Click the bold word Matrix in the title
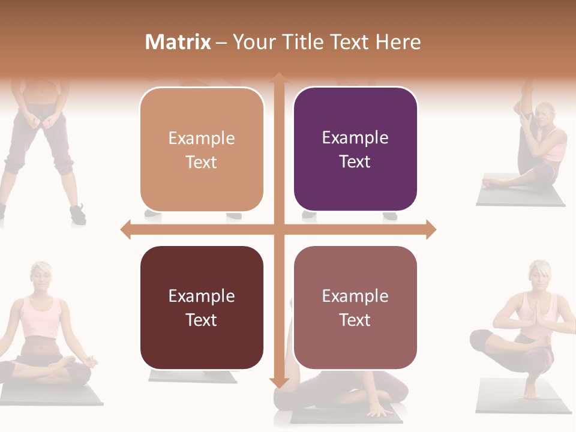pyautogui.click(x=178, y=42)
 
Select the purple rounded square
pyautogui.click(x=355, y=149)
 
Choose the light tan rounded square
pyautogui.click(x=202, y=149)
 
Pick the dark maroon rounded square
pyautogui.click(x=202, y=307)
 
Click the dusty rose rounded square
pyautogui.click(x=355, y=307)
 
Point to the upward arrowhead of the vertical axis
pyautogui.click(x=278, y=77)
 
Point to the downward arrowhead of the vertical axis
pyautogui.click(x=278, y=382)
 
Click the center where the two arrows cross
pyautogui.click(x=278, y=229)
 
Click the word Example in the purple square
pyautogui.click(x=355, y=137)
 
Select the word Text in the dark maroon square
pyautogui.click(x=202, y=320)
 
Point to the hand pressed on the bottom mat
pyautogui.click(x=379, y=412)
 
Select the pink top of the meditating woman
pyautogui.click(x=41, y=317)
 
